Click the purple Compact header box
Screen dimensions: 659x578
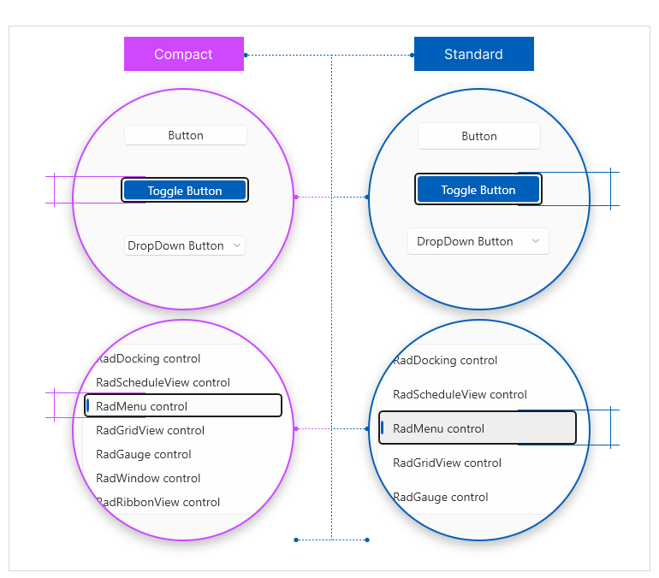coord(184,54)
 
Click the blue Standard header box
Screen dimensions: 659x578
coord(473,54)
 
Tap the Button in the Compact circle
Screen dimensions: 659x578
coord(186,135)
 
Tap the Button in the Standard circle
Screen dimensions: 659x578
coord(478,136)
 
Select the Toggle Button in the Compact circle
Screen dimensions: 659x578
coord(185,190)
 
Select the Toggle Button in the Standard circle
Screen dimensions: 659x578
coord(478,189)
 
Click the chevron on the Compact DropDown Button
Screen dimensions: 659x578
coord(237,245)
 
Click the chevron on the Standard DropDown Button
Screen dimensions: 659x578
coord(536,241)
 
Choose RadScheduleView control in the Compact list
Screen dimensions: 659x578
coord(163,382)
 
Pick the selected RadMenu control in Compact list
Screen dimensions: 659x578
coord(183,405)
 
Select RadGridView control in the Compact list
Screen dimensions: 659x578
coord(150,430)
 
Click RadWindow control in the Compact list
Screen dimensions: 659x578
coord(148,478)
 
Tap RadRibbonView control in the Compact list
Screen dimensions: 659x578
coord(158,502)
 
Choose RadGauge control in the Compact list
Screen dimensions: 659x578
coord(143,454)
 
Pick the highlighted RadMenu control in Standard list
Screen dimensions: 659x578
coord(477,428)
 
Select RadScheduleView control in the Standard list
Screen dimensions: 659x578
coord(460,394)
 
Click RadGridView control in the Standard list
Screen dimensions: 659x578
coord(447,463)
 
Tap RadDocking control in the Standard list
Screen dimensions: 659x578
coord(445,360)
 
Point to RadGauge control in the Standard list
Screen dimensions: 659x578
coord(441,497)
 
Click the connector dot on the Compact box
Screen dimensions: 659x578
coord(246,55)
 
